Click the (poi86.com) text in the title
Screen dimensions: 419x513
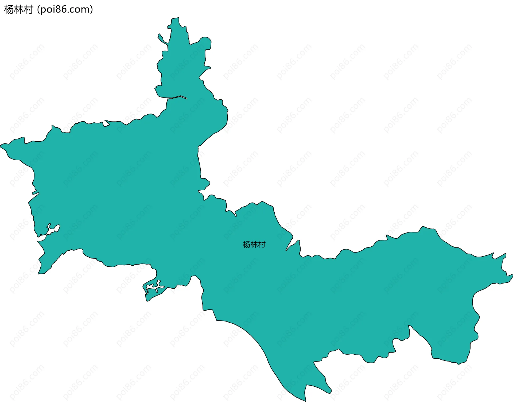[65, 10]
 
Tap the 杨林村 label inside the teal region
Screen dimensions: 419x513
[254, 245]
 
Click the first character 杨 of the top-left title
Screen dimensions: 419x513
[9, 10]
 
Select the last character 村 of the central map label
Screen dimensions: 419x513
[262, 245]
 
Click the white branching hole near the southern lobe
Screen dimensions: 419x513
[155, 287]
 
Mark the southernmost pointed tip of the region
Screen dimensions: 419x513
[305, 401]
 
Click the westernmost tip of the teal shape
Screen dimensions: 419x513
[1, 146]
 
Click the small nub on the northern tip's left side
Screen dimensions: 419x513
[169, 26]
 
